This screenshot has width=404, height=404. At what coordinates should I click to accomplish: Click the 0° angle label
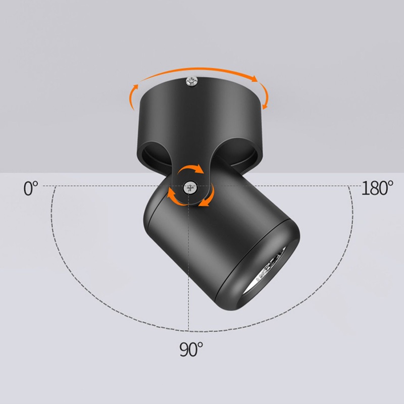(x=31, y=188)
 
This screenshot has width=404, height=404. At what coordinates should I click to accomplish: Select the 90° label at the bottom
(x=191, y=348)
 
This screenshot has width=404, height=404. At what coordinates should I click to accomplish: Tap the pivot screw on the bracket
(x=191, y=188)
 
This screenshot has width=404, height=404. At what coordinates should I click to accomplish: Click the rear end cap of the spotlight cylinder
(x=154, y=212)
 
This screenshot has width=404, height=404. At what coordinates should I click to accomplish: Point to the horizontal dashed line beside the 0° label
(x=76, y=186)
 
